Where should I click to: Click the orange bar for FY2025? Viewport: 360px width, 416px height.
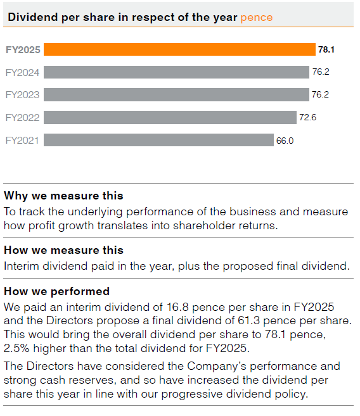click(179, 49)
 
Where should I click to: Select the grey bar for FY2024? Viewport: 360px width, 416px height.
click(176, 72)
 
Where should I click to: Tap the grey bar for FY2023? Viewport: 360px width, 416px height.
click(176, 95)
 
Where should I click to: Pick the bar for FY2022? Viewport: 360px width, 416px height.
click(170, 118)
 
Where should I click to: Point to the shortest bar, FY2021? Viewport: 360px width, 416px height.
click(158, 140)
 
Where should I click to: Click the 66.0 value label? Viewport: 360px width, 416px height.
click(285, 141)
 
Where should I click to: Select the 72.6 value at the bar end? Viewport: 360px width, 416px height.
click(308, 118)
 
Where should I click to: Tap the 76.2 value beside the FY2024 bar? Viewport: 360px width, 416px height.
click(321, 72)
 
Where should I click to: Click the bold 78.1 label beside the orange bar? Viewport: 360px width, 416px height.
click(326, 49)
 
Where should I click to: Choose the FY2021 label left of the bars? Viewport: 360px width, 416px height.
click(22, 141)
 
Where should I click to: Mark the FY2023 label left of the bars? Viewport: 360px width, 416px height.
click(22, 95)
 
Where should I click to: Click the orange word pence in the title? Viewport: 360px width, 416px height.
click(257, 17)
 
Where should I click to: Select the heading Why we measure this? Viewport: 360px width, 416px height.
click(63, 196)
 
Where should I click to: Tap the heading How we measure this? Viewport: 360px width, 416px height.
click(63, 250)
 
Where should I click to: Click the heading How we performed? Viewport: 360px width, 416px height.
click(56, 291)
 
